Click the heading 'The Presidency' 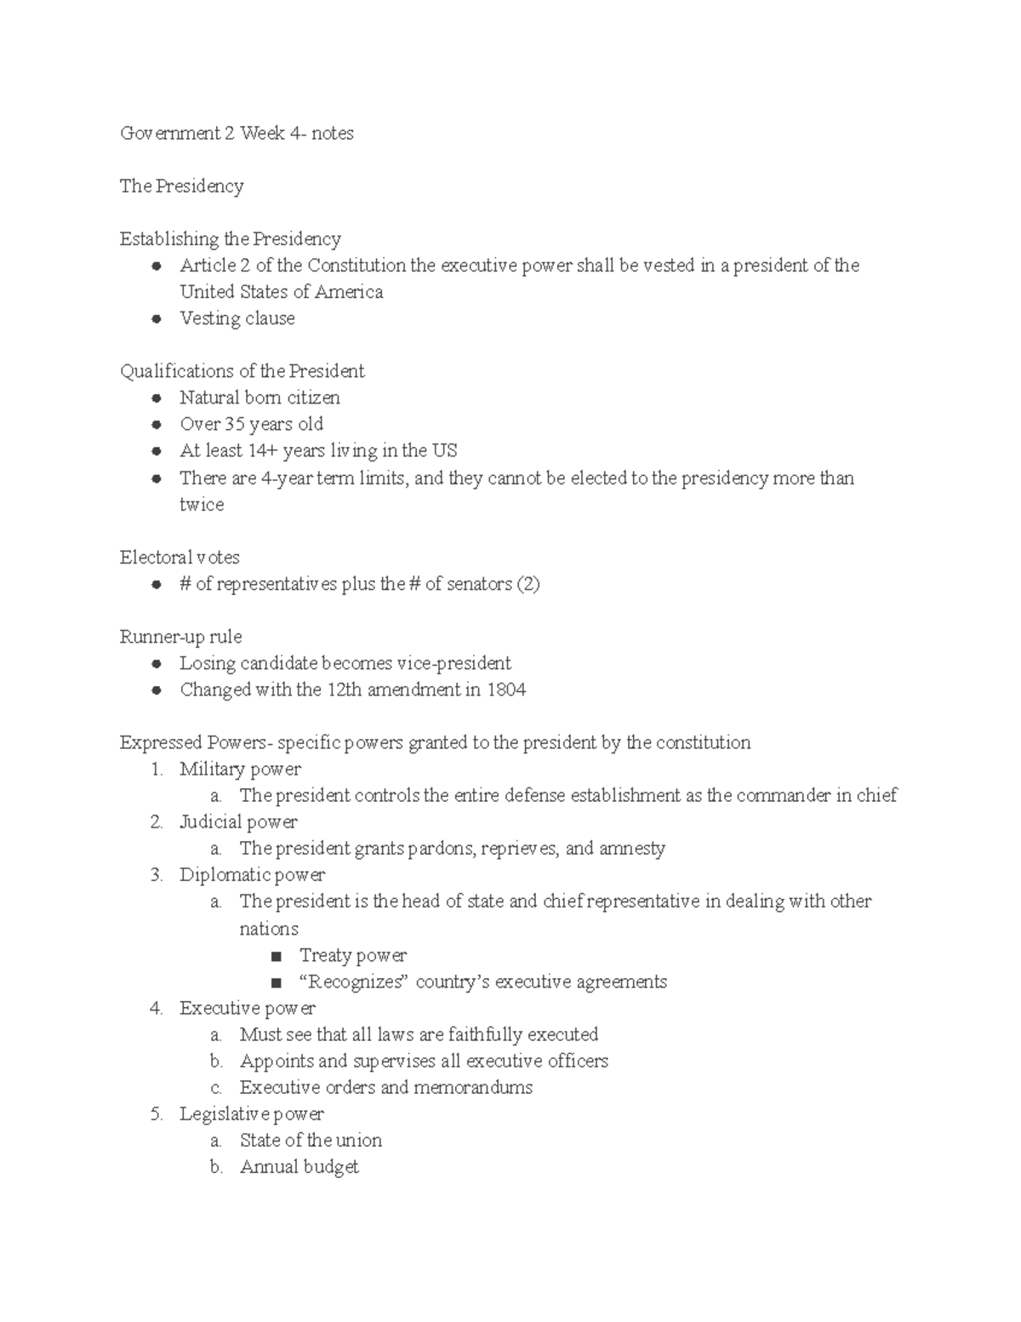[x=181, y=186]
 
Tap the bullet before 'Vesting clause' [x=156, y=319]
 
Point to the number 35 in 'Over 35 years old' [x=235, y=424]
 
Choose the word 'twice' [x=202, y=505]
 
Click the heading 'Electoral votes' [x=180, y=558]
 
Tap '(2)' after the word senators [x=528, y=584]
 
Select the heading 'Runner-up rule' [x=180, y=637]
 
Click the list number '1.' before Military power [x=156, y=770]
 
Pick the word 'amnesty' [x=632, y=849]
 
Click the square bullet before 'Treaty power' [x=275, y=956]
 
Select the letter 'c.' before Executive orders [x=216, y=1088]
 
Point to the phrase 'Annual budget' [x=299, y=1167]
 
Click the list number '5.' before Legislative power [x=156, y=1114]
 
